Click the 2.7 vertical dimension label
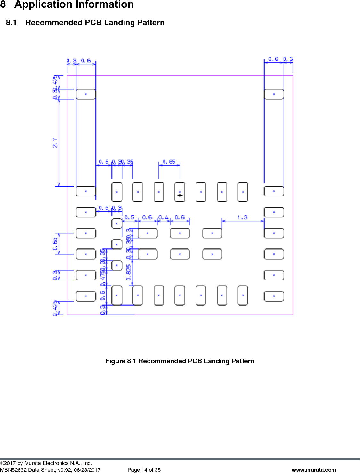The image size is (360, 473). pos(55,143)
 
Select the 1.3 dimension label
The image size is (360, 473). pos(242,217)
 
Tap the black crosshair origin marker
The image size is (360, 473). pos(180,195)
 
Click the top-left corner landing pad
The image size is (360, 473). pos(86,94)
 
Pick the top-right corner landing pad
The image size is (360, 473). pos(274,94)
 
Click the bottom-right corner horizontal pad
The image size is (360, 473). pos(274,296)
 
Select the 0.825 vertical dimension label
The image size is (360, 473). pos(128,272)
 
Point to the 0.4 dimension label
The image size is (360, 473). pos(163,217)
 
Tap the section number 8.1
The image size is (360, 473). pos(11,23)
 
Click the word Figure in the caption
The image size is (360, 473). pos(115,361)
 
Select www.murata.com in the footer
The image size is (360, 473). pos(314,470)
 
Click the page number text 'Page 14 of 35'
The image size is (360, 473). pos(144,470)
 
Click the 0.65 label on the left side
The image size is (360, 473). pos(55,244)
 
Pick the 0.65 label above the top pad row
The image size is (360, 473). pos(169,162)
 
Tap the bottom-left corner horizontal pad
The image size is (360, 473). pos(86,296)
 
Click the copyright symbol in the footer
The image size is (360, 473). pos(2,463)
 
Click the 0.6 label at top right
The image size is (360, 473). pos(273,59)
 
